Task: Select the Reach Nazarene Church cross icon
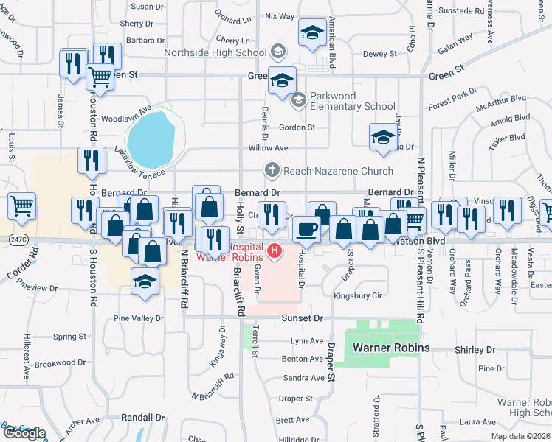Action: pyautogui.click(x=272, y=171)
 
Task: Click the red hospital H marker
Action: pyautogui.click(x=275, y=251)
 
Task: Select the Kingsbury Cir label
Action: pyautogui.click(x=357, y=296)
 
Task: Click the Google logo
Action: pyautogui.click(x=24, y=433)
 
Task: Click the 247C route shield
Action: pyautogui.click(x=19, y=239)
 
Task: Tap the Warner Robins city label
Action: pyautogui.click(x=390, y=347)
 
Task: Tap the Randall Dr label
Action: pyautogui.click(x=142, y=417)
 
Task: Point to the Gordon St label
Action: pyautogui.click(x=297, y=127)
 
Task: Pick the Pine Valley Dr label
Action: pyautogui.click(x=138, y=318)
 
